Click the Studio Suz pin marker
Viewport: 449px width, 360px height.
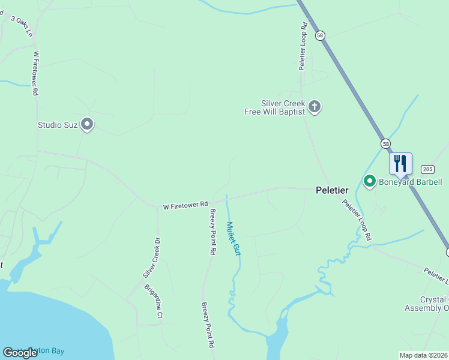pyautogui.click(x=87, y=124)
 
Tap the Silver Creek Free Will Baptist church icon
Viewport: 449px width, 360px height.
pyautogui.click(x=315, y=107)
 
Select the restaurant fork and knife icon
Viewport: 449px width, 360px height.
pyautogui.click(x=400, y=163)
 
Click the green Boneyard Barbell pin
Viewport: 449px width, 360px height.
pyautogui.click(x=370, y=181)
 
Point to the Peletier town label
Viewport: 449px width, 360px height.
pyautogui.click(x=332, y=190)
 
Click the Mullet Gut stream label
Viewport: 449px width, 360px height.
pyautogui.click(x=233, y=239)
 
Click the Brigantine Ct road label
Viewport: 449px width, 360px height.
pyautogui.click(x=154, y=301)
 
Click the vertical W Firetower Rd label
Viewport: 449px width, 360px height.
pyautogui.click(x=36, y=73)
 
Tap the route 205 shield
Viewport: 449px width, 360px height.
pyautogui.click(x=427, y=169)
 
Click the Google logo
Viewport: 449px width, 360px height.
pyautogui.click(x=20, y=352)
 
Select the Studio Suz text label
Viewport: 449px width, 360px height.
pyautogui.click(x=58, y=125)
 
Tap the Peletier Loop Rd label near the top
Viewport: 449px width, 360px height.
pyautogui.click(x=304, y=47)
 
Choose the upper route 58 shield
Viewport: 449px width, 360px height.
pyautogui.click(x=321, y=35)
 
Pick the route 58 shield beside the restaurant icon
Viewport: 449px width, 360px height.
pyautogui.click(x=385, y=143)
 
